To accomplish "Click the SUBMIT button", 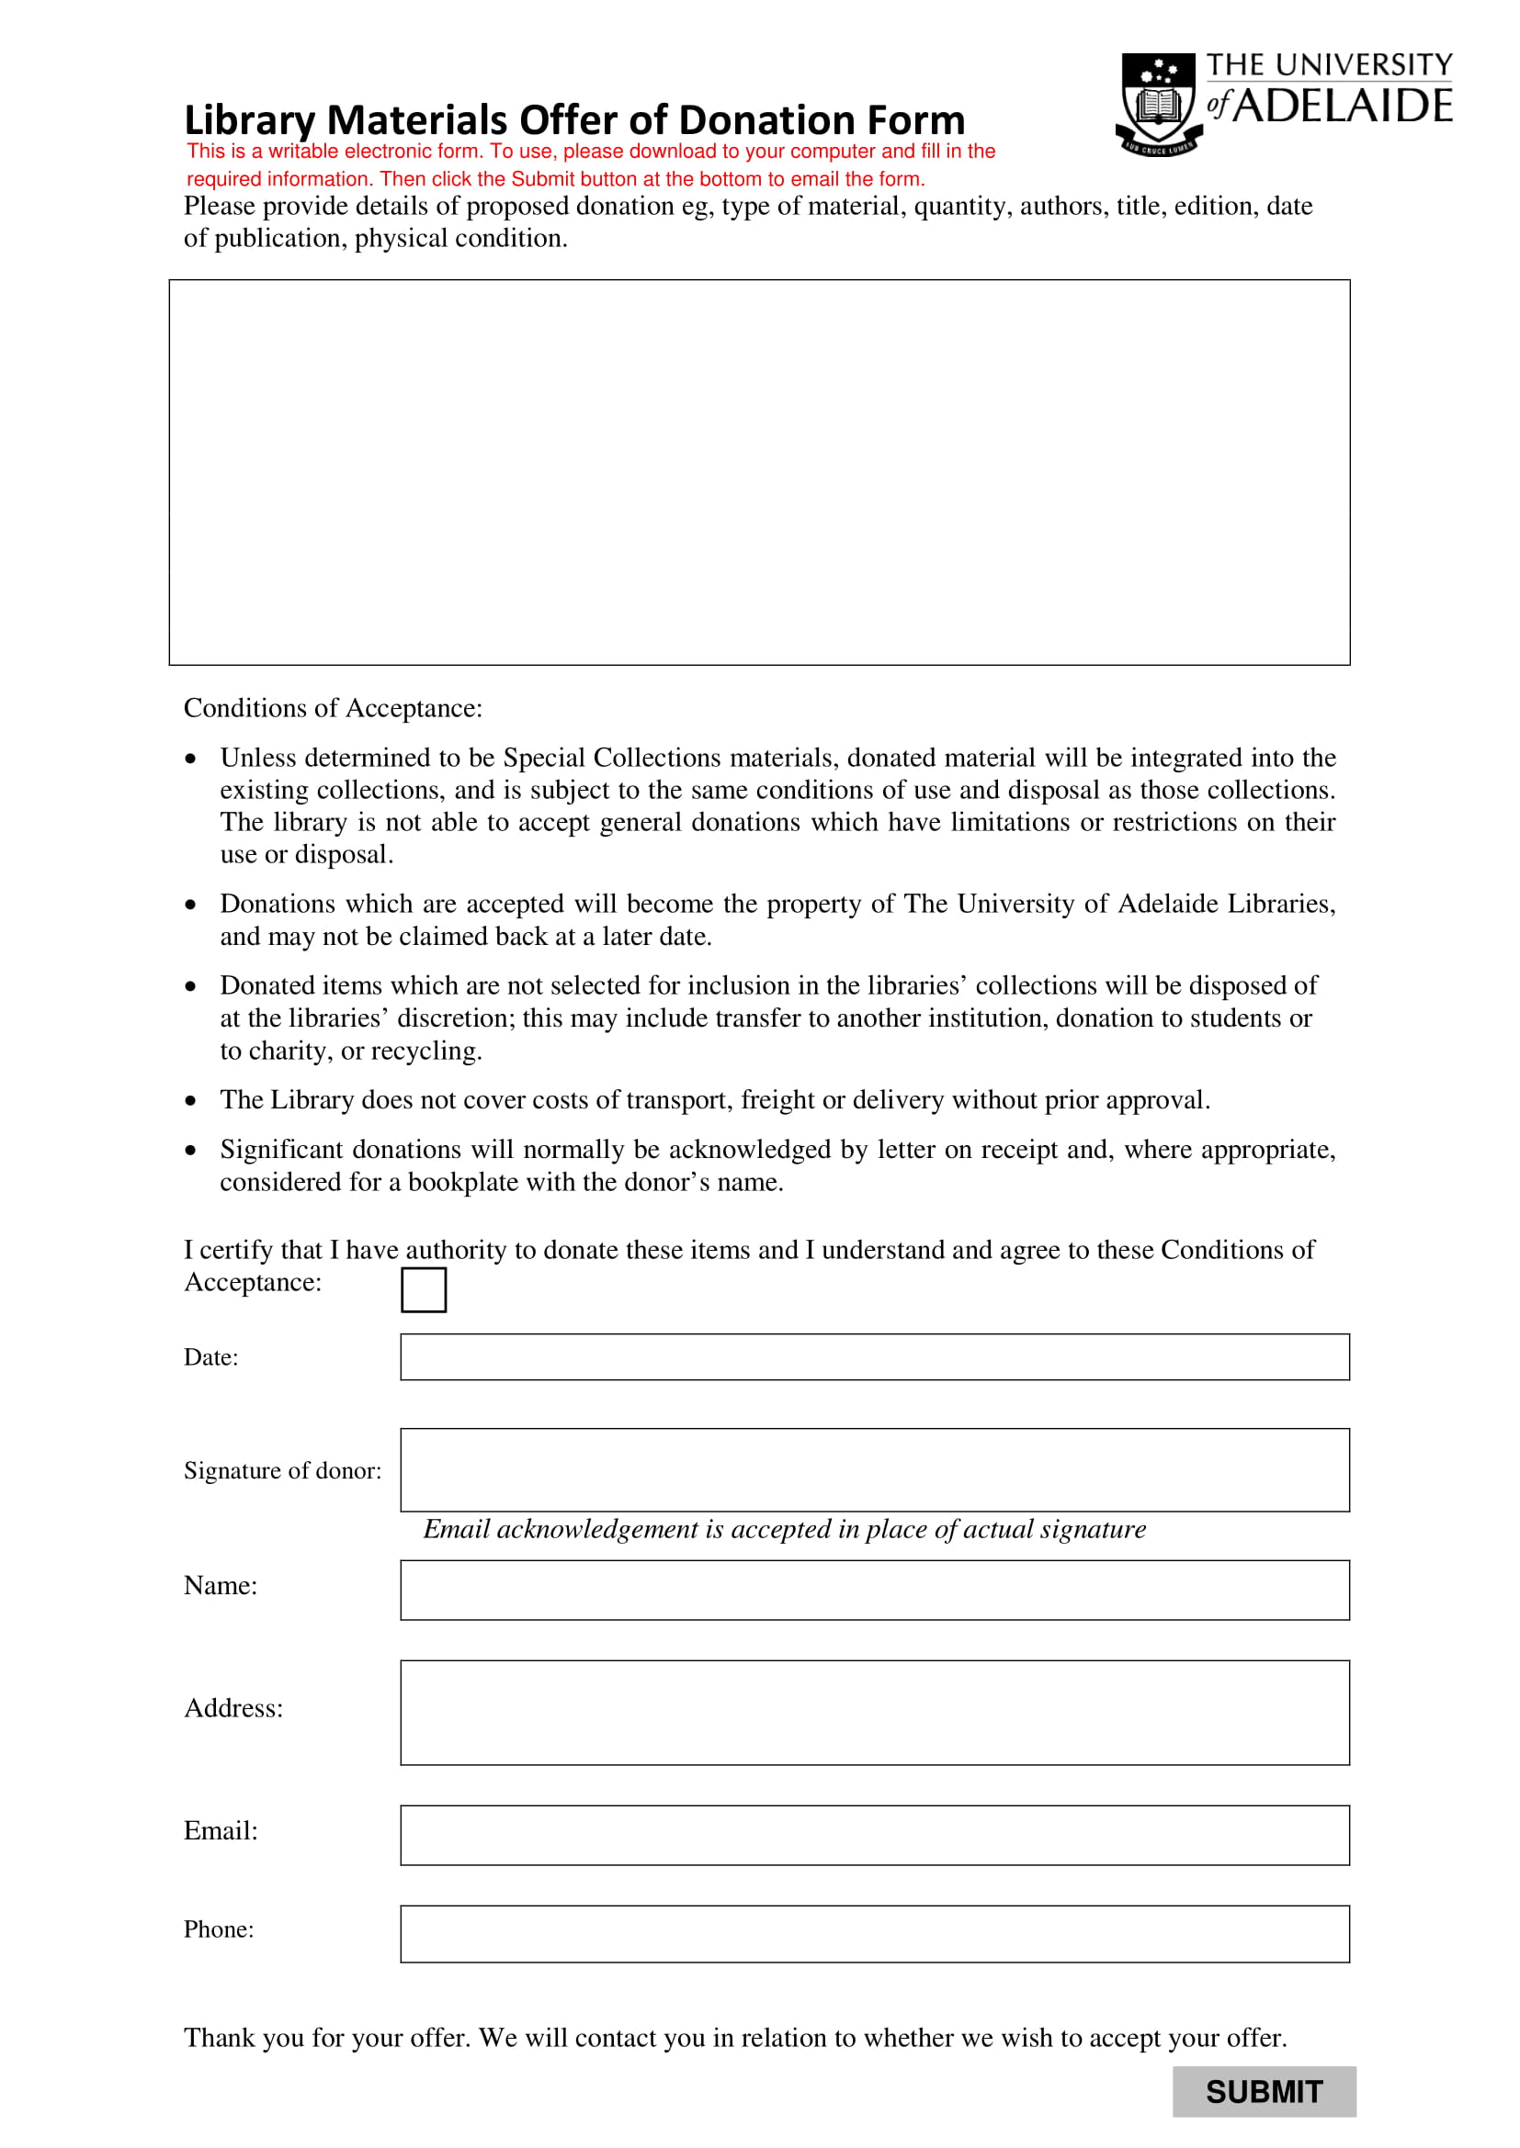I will [x=1264, y=2091].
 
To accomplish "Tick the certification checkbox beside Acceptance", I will [x=423, y=1289].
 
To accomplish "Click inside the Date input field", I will [x=874, y=1356].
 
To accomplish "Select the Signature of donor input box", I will [x=874, y=1469].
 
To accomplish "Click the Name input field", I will [x=874, y=1590].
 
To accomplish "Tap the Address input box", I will [x=874, y=1712].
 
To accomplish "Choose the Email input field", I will [x=874, y=1835].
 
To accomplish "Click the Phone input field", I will [x=874, y=1934].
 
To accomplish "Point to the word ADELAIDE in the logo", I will [x=1342, y=106].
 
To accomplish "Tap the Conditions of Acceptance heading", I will [x=334, y=708].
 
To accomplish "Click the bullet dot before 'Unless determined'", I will [x=191, y=758].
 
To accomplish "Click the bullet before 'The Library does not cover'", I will [x=191, y=1100].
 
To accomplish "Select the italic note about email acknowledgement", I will [x=784, y=1529].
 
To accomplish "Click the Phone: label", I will [x=219, y=1929].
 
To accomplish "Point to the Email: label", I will [x=221, y=1831].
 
